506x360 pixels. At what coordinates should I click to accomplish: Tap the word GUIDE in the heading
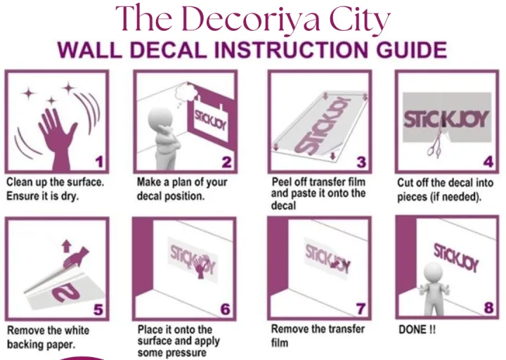coord(412,50)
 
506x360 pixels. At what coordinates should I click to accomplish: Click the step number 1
coord(99,162)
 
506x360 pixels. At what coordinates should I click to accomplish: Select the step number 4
coord(488,162)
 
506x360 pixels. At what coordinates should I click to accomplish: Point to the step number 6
coord(226,309)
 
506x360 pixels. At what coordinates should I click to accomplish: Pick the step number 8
coord(488,308)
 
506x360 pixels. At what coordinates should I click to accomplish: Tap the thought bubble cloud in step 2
coord(185,93)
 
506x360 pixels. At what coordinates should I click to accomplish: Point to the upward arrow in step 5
coord(67,245)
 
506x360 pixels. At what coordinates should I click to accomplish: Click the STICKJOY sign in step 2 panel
coord(211,121)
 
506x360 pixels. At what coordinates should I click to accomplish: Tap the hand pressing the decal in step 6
coord(201,266)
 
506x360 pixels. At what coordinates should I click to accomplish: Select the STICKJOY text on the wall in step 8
coord(456,257)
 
